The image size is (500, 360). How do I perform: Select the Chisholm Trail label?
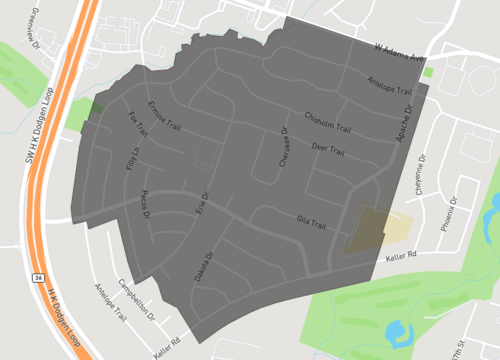(328, 123)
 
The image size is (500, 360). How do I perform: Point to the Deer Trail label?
(328, 151)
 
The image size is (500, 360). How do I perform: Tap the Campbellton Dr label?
(140, 296)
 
